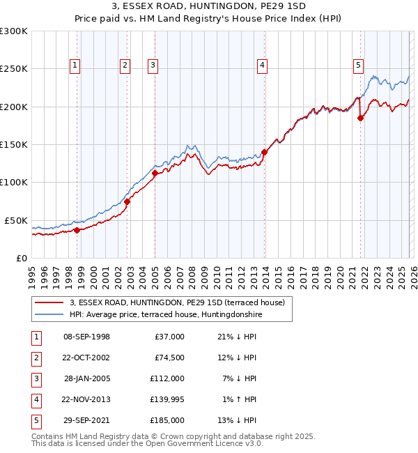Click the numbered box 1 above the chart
[x=75, y=66]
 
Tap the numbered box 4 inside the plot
[x=263, y=66]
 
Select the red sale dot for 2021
[x=360, y=118]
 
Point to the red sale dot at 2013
[x=264, y=152]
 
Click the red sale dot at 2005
[x=155, y=173]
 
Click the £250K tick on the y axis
[x=14, y=69]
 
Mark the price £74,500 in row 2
[x=169, y=358]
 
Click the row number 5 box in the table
[x=35, y=420]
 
